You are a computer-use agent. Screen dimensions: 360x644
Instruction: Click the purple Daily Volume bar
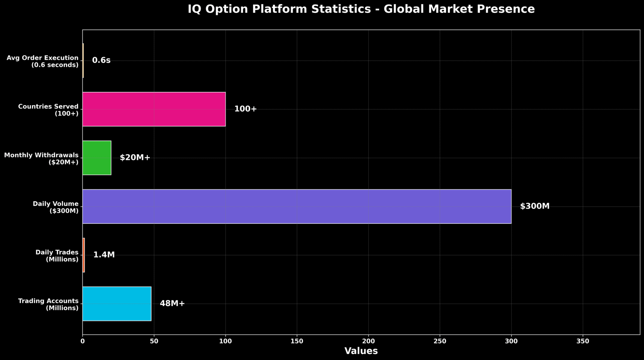[x=297, y=206]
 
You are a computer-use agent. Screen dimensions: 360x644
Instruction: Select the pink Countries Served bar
[x=154, y=109]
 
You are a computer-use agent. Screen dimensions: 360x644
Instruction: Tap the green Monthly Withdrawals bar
[x=97, y=158]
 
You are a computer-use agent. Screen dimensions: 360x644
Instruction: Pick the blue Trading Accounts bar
[x=117, y=304]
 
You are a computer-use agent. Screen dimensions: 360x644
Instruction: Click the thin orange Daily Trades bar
[x=84, y=255]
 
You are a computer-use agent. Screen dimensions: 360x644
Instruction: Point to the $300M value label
[x=535, y=206]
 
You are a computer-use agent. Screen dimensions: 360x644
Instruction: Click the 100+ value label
[x=246, y=109]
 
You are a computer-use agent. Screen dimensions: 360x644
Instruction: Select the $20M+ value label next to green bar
[x=135, y=158]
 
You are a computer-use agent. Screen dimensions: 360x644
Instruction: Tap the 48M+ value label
[x=172, y=304]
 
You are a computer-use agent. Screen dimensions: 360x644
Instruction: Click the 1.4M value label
[x=104, y=255]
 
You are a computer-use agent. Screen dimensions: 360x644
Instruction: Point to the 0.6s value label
[x=101, y=60]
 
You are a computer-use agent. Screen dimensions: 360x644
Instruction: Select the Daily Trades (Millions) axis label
[x=57, y=256]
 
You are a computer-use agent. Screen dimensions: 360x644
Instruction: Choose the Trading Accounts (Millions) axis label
[x=48, y=304]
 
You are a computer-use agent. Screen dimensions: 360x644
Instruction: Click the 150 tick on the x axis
[x=297, y=341]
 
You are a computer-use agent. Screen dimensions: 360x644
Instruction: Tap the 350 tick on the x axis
[x=583, y=341]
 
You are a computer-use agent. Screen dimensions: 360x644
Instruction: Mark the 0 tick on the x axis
[x=83, y=341]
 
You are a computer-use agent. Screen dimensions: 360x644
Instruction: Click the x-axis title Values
[x=361, y=351]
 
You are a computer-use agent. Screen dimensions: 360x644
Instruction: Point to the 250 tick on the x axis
[x=440, y=341]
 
